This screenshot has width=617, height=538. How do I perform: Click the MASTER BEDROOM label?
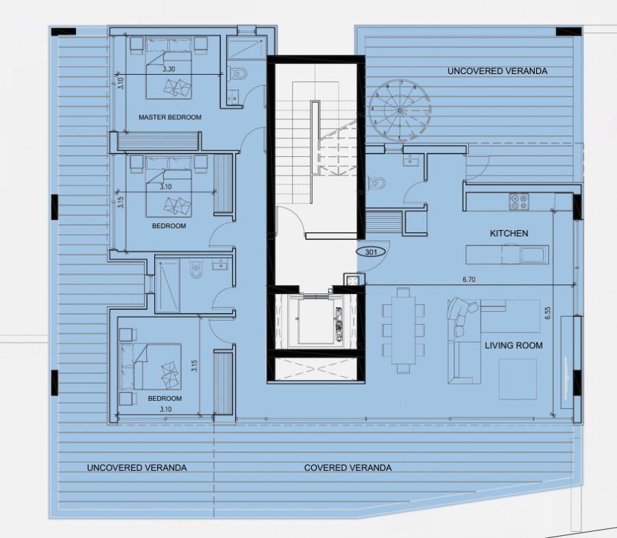tap(170, 117)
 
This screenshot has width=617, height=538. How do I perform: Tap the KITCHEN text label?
tap(509, 234)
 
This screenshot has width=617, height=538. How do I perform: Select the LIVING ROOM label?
tap(513, 345)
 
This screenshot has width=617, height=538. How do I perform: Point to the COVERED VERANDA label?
tap(348, 468)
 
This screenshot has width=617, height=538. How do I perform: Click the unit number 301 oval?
tap(371, 252)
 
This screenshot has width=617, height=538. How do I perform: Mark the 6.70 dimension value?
tap(470, 280)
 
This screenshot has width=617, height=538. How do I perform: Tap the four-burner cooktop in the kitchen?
tap(519, 201)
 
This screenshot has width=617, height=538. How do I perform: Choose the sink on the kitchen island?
tap(533, 256)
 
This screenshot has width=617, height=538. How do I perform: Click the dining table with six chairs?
tap(404, 330)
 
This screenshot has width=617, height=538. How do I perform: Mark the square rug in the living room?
tap(518, 379)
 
